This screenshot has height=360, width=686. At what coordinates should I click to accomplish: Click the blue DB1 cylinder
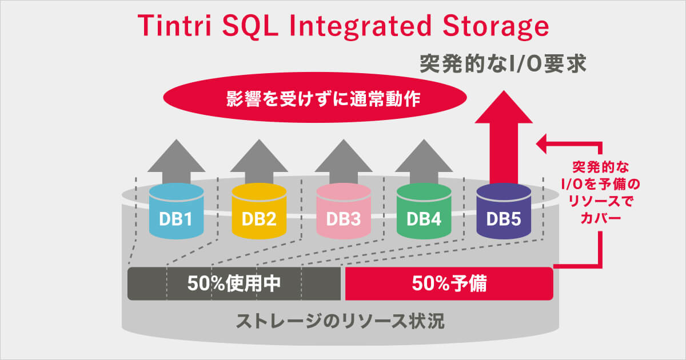pos(176,213)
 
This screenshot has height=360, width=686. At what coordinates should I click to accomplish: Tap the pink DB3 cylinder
pos(343,213)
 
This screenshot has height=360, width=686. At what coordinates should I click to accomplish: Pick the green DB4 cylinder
pos(424,213)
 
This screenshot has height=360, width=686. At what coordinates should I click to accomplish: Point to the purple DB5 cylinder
pos(503,213)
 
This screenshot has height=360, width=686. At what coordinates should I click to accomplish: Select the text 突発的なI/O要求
pos(503,63)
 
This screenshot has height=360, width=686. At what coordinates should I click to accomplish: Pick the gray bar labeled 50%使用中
pos(234,283)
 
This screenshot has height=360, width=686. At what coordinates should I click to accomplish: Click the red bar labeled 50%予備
pos(449,283)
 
